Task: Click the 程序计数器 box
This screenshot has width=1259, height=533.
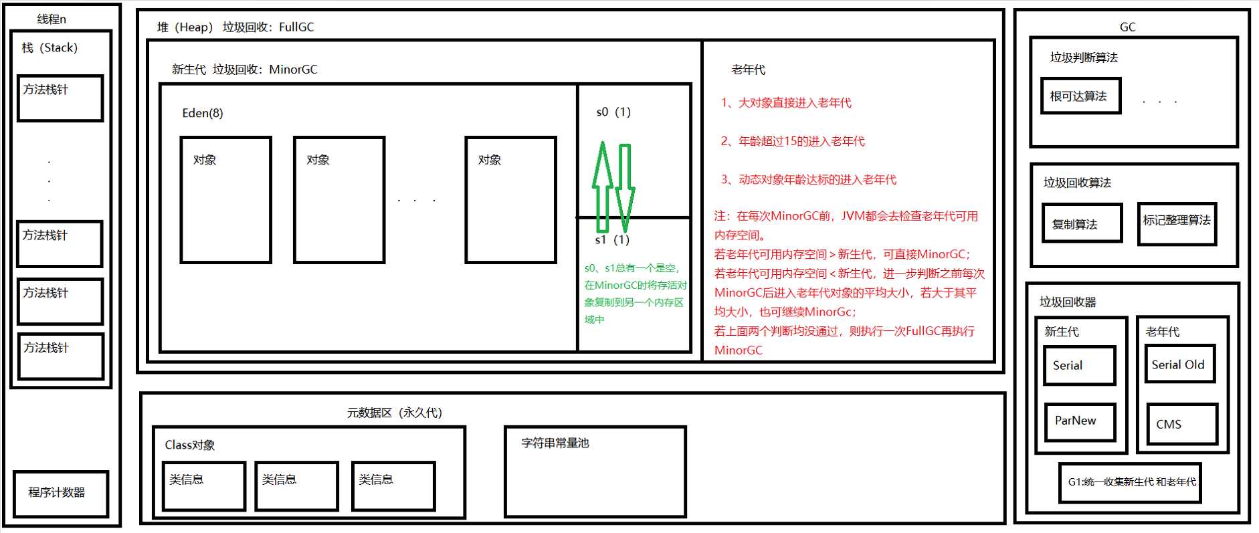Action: [x=60, y=493]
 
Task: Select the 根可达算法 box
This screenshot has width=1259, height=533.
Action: [x=1080, y=96]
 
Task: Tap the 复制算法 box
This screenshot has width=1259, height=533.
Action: [x=1081, y=223]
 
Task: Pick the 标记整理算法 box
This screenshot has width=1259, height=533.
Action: [x=1176, y=223]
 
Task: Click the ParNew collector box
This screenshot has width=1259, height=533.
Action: [x=1079, y=421]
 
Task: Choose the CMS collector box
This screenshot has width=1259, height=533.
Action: [x=1181, y=423]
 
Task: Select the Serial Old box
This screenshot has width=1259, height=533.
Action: [x=1179, y=364]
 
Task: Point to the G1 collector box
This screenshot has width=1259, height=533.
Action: [x=1130, y=482]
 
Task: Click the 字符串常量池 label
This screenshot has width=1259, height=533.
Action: [x=555, y=443]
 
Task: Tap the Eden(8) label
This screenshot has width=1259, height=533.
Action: [x=203, y=113]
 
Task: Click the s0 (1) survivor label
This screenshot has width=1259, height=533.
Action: [x=613, y=112]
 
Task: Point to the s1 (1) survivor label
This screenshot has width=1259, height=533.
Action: [x=612, y=239]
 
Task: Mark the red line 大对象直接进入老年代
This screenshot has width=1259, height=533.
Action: [x=785, y=103]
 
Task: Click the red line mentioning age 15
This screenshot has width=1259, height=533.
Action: [x=792, y=141]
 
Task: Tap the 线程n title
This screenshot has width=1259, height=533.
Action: [x=52, y=19]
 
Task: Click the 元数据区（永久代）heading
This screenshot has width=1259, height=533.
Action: [x=394, y=413]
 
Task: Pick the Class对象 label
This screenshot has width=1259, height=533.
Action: [x=190, y=445]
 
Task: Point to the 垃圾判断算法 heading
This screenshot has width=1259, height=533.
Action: [x=1084, y=58]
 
